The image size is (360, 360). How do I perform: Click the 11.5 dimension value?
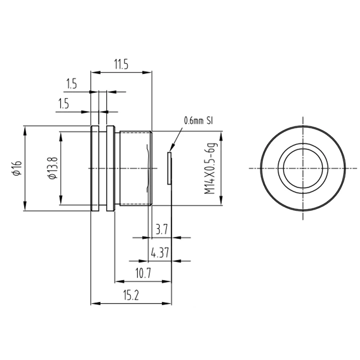[121, 64]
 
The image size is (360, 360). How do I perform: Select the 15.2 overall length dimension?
[131, 295]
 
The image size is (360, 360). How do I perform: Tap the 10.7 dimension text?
[143, 273]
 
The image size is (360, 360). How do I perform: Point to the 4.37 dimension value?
[160, 252]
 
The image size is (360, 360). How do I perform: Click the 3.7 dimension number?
[162, 229]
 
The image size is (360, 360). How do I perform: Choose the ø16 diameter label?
[18, 168]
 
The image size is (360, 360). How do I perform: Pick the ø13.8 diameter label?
[52, 168]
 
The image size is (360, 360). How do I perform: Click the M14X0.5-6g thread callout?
[211, 169]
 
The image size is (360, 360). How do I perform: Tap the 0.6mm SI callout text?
[198, 121]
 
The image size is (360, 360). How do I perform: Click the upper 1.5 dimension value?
[72, 84]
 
